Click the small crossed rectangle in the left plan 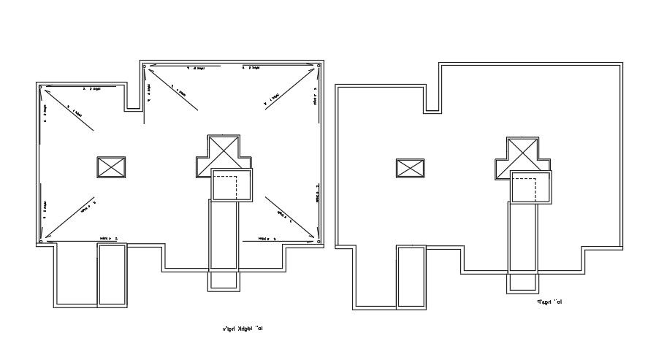point(112,166)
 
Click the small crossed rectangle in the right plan point(411,169)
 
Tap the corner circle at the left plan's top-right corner point(320,68)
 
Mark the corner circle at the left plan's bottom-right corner point(320,240)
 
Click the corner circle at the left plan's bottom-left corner point(42,240)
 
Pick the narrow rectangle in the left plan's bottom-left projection point(112,275)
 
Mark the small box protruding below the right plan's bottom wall point(523,283)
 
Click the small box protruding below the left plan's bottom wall point(224,280)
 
